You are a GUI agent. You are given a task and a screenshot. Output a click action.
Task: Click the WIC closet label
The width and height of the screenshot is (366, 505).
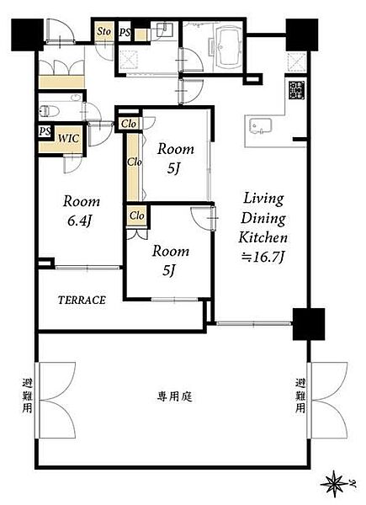[68, 139]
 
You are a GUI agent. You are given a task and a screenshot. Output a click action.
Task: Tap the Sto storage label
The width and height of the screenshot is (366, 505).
[104, 31]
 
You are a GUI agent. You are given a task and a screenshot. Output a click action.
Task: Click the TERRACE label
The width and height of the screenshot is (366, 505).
[82, 300]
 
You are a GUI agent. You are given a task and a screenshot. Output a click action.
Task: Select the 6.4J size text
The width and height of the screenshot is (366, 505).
[79, 221]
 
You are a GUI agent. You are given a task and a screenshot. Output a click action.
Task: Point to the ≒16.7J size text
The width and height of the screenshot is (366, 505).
[263, 258]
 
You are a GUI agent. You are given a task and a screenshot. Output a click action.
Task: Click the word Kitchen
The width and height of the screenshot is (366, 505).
[263, 237]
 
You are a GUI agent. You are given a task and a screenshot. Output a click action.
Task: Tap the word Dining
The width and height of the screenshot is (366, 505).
[263, 219]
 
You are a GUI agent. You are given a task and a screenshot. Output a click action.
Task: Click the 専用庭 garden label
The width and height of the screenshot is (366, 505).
[174, 396]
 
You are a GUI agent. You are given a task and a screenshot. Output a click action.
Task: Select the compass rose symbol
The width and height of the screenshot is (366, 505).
[335, 483]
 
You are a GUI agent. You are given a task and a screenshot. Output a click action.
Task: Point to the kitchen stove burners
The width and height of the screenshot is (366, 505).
[297, 90]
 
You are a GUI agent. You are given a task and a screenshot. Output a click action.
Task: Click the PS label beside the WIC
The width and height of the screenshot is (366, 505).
[45, 131]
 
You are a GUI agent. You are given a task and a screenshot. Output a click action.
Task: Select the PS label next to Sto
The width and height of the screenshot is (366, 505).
[125, 33]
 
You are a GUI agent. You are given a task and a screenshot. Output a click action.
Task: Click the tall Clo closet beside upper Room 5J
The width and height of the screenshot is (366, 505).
[133, 167]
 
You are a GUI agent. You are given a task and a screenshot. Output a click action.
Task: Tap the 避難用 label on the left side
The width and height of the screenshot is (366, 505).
[28, 396]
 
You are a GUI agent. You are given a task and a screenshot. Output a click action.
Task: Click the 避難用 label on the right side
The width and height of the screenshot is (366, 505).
[300, 396]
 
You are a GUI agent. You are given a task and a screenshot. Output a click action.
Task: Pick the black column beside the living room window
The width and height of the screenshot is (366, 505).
[309, 324]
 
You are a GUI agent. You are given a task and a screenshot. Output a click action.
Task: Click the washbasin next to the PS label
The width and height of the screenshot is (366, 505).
[165, 30]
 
